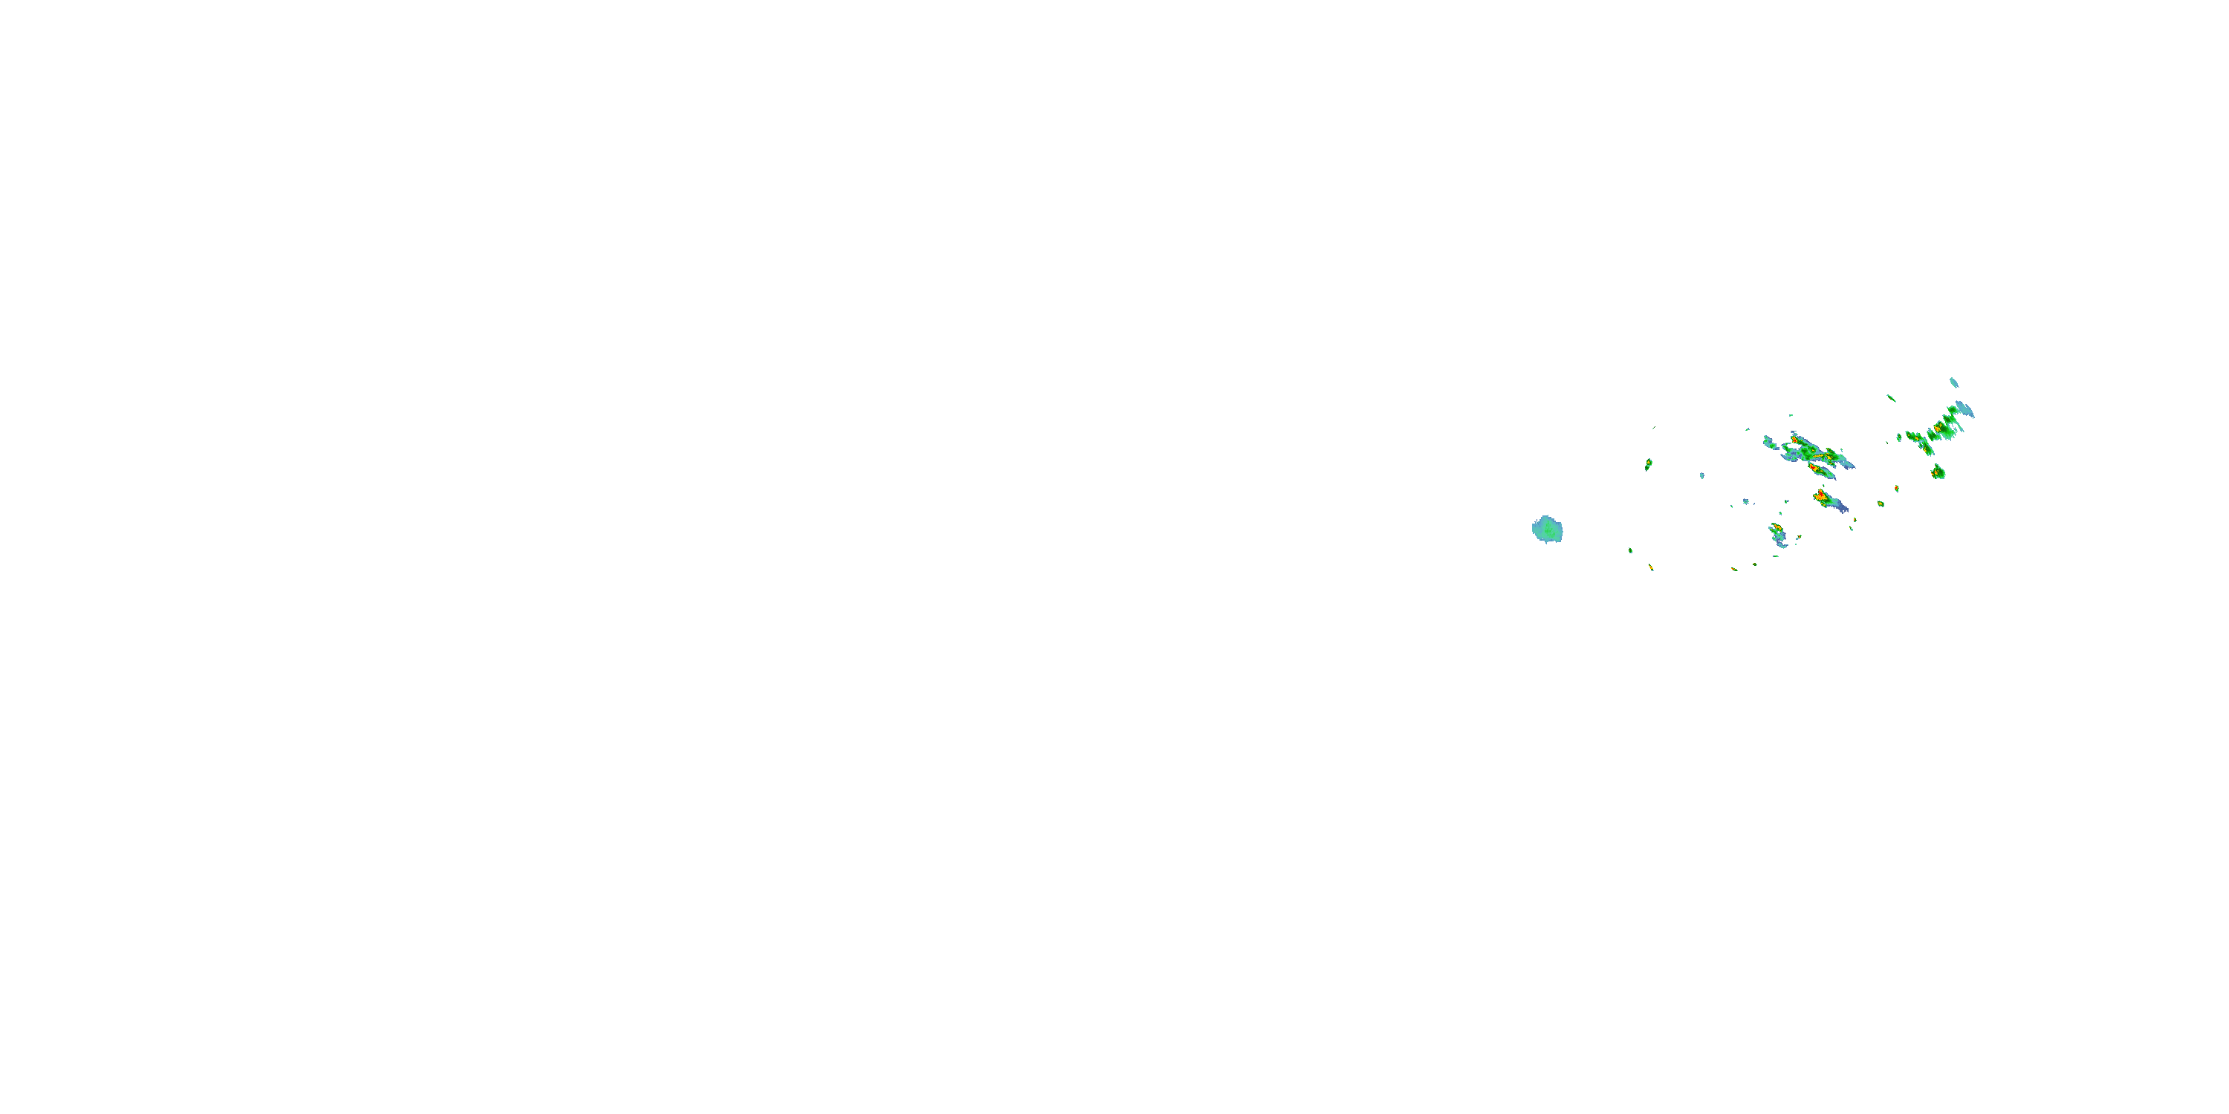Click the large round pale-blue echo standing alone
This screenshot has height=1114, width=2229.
[x=1547, y=530]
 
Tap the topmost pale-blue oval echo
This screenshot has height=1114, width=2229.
[x=1954, y=382]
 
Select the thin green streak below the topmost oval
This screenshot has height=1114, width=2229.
[x=1892, y=398]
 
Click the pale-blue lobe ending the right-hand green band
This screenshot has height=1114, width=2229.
[x=1964, y=409]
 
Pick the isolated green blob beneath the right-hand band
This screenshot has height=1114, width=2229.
[x=1938, y=472]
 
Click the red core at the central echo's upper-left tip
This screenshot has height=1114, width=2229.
[x=1794, y=440]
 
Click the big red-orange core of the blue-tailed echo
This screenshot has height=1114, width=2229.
[x=1821, y=495]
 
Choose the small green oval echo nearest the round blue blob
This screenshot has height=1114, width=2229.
[x=1649, y=464]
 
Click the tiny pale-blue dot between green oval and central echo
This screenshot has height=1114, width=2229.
[x=1702, y=476]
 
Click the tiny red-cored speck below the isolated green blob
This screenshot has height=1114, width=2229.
[x=1897, y=489]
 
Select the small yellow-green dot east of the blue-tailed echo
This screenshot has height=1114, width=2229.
[x=1881, y=504]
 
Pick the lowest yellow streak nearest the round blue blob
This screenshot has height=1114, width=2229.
[x=1651, y=567]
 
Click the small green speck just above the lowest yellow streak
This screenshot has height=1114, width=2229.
[x=1630, y=550]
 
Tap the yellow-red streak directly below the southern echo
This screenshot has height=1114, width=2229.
[x=1734, y=569]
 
